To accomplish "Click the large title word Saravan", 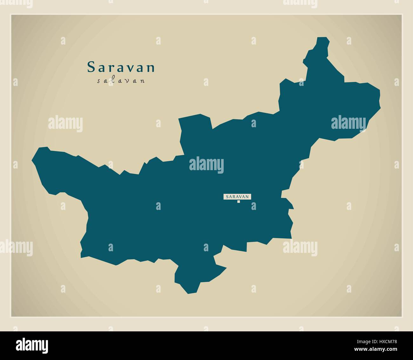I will [x=121, y=67].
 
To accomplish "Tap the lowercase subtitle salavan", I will [x=121, y=81].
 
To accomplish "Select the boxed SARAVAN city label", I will [x=237, y=197].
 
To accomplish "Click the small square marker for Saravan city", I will [x=238, y=202].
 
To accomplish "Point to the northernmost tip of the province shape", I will [x=322, y=38].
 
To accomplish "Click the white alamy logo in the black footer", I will [x=32, y=345].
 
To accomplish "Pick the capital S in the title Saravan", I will [x=91, y=67].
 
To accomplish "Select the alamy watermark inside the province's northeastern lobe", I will [x=348, y=123].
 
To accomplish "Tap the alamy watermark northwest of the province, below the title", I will [x=65, y=124].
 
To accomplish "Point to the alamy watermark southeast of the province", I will [x=300, y=247].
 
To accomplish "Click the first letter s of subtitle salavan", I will [x=98, y=81].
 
